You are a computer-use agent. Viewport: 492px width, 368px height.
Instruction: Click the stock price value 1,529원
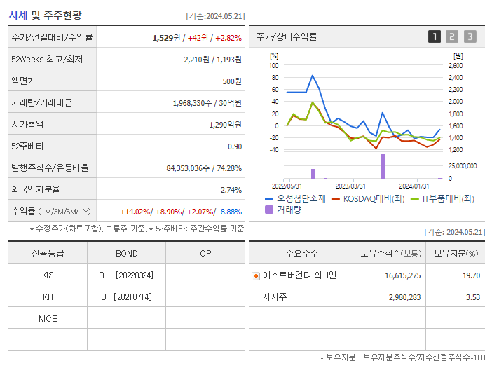click(167, 37)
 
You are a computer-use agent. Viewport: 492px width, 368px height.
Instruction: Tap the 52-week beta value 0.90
click(235, 146)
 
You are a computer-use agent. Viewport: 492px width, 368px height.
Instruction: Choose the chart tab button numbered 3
click(470, 36)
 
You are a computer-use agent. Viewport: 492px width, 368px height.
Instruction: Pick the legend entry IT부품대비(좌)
click(444, 198)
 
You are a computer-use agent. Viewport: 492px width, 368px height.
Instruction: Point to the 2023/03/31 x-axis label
click(350, 186)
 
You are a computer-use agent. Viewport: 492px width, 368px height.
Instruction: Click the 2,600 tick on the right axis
click(455, 66)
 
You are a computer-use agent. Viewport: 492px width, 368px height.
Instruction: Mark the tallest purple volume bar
click(383, 166)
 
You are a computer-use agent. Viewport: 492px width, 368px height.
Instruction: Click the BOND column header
click(126, 253)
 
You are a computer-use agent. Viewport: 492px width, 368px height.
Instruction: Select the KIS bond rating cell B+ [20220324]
click(126, 275)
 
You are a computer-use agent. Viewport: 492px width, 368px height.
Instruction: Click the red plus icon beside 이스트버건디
click(255, 275)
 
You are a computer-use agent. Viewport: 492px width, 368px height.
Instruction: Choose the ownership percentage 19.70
click(471, 275)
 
